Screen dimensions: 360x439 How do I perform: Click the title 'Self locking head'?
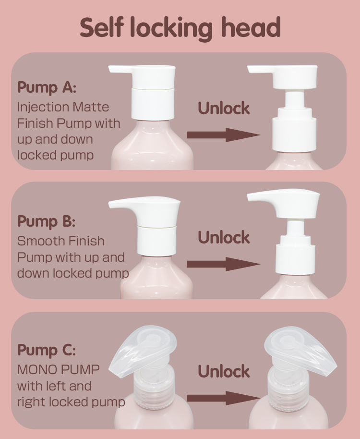180,28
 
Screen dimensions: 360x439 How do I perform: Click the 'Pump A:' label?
47,87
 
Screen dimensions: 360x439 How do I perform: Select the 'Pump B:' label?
47,221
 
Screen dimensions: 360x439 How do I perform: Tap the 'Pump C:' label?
47,350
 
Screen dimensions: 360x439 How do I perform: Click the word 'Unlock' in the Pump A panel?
224,108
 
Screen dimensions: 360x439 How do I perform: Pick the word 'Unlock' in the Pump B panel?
224,237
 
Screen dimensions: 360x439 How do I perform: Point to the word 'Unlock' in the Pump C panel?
224,371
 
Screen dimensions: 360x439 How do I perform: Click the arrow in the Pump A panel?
223,135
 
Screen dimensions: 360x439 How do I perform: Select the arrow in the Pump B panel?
223,264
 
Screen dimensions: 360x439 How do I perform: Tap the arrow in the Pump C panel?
223,398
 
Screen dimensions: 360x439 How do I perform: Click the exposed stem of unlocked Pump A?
294,100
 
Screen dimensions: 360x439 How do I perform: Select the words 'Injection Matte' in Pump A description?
63,107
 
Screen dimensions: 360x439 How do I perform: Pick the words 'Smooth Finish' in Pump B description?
60,241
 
